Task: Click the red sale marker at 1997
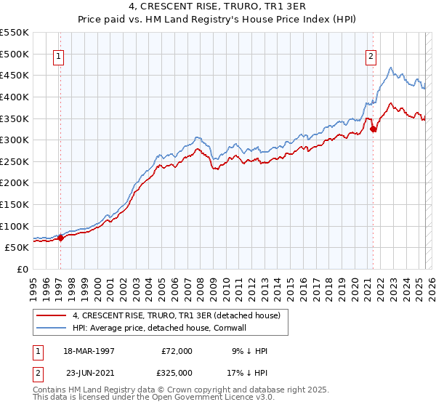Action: pos(61,238)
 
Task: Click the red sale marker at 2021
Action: pos(374,129)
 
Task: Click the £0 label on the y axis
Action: pos(23,269)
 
